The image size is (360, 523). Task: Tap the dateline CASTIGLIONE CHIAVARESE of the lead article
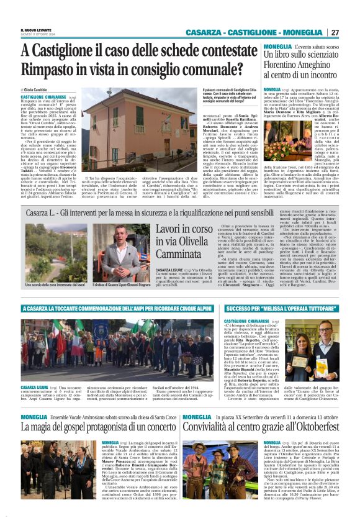tap(43, 98)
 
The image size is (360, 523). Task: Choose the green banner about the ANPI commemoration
tap(118, 307)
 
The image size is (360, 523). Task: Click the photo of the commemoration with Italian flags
tap(118, 350)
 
